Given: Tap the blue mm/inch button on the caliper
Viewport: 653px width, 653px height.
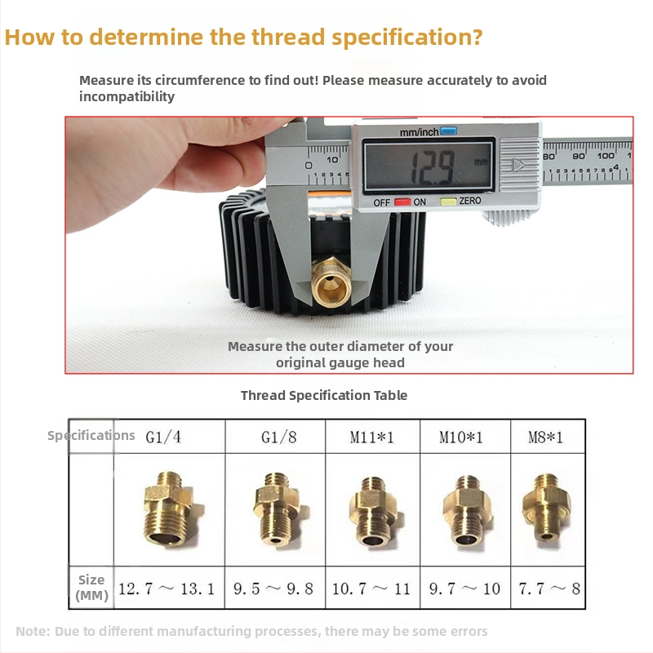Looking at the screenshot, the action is pyautogui.click(x=448, y=131).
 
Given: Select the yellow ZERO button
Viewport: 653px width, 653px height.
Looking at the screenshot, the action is pyautogui.click(x=448, y=202).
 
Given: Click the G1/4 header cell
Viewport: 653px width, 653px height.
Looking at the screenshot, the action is pyautogui.click(x=170, y=437).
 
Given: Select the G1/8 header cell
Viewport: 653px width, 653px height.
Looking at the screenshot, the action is pyautogui.click(x=275, y=437).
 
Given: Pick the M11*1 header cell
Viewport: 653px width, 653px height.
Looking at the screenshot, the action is pyautogui.click(x=373, y=437).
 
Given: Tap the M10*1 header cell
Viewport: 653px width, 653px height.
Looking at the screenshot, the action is pyautogui.click(x=465, y=437).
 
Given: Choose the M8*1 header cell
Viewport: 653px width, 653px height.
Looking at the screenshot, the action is pyautogui.click(x=548, y=437).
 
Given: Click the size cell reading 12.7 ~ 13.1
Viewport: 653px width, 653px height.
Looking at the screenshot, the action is pyautogui.click(x=170, y=588).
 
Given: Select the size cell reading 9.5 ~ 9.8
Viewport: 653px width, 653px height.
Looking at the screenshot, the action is pyautogui.click(x=275, y=588).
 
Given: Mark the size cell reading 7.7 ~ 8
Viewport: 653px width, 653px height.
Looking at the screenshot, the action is pyautogui.click(x=548, y=588).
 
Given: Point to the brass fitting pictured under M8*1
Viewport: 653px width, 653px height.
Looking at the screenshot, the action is pyautogui.click(x=546, y=507).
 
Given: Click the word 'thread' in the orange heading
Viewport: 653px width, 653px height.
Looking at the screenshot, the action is pyautogui.click(x=288, y=37).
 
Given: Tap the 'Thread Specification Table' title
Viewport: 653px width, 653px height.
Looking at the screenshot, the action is pyautogui.click(x=324, y=395).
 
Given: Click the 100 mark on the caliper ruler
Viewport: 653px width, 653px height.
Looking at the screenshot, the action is pyautogui.click(x=606, y=155).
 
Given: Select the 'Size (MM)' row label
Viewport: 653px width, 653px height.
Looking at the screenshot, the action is pyautogui.click(x=91, y=587).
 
